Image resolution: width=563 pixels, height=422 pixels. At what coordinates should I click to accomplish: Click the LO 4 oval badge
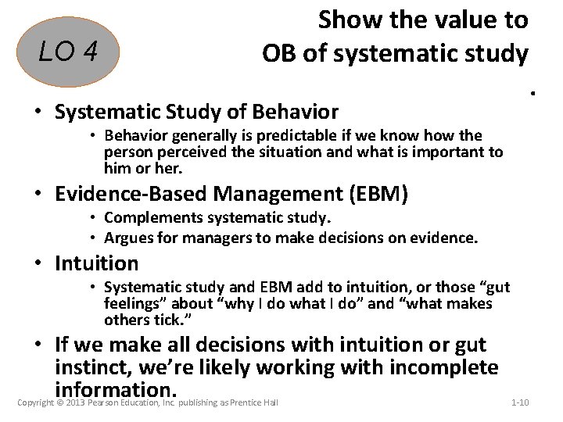tap(69, 53)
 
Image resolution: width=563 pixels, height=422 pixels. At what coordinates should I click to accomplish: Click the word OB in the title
tap(279, 53)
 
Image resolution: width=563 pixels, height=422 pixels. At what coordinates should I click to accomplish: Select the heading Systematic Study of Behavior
tap(196, 113)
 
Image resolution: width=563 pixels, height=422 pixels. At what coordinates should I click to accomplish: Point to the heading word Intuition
tap(96, 263)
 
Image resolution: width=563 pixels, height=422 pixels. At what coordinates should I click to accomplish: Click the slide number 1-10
tap(520, 402)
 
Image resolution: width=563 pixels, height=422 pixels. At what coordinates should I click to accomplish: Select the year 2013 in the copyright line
tap(74, 402)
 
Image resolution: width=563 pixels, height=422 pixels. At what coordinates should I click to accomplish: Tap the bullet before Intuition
tap(39, 264)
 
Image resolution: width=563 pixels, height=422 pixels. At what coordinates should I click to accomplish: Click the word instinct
tap(86, 367)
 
